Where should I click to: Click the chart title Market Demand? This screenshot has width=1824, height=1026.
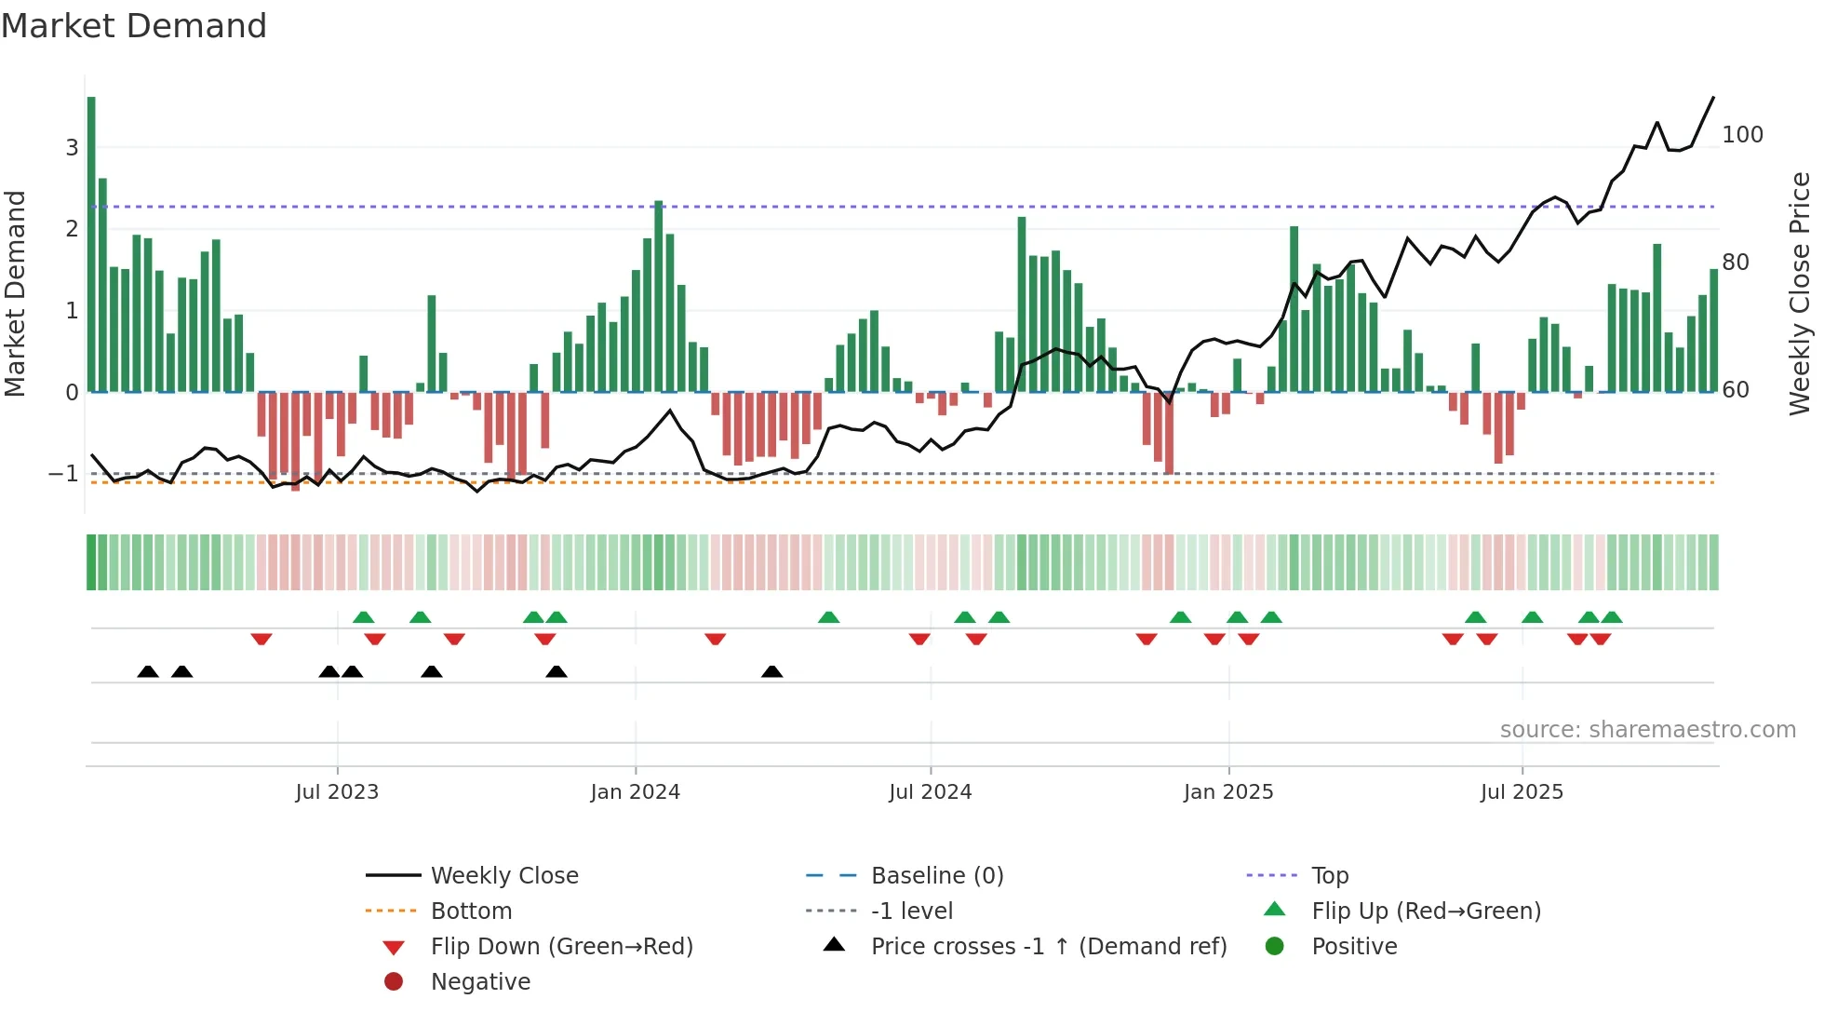(x=134, y=26)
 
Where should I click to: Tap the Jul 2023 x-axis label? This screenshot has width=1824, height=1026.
(x=337, y=792)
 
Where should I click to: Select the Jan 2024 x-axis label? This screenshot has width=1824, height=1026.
(x=635, y=792)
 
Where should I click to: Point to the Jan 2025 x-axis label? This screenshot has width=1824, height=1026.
(x=1228, y=792)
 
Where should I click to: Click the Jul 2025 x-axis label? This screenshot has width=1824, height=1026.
(x=1522, y=792)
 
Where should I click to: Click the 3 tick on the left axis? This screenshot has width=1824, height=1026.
(x=72, y=148)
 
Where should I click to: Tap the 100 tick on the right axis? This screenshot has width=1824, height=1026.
(x=1742, y=135)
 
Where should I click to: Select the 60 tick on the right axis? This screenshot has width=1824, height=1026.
(x=1736, y=390)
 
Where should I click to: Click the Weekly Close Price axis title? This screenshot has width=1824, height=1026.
(x=1800, y=293)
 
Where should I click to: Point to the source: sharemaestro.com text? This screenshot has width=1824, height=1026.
(x=1647, y=730)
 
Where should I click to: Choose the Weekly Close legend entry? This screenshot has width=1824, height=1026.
(x=504, y=876)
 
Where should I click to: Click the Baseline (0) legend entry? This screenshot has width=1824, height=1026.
(x=936, y=876)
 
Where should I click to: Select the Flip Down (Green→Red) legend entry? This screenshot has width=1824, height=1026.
(x=561, y=947)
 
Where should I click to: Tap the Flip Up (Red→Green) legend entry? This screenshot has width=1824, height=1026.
(x=1426, y=911)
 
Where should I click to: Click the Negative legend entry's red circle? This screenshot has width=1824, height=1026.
(x=394, y=982)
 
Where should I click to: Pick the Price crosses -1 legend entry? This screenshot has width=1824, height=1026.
(x=1048, y=947)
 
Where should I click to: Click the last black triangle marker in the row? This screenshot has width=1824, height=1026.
(x=771, y=671)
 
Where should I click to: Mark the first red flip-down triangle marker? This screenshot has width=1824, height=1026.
(x=262, y=639)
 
